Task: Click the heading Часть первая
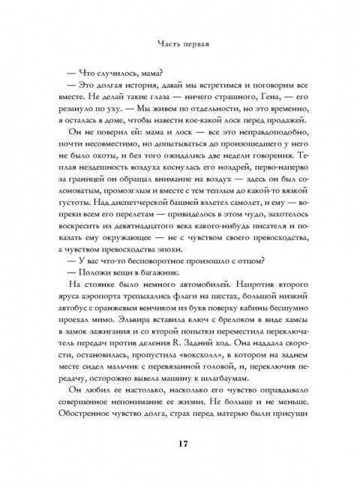180,43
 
